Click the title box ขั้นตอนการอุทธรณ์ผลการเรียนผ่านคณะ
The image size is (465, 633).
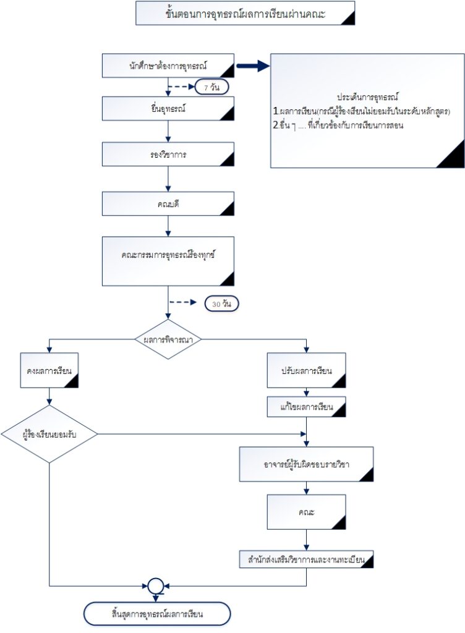point(245,13)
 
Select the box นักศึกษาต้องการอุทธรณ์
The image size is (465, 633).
point(168,65)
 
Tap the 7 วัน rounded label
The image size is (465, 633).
point(211,87)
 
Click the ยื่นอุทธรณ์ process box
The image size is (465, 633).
point(168,109)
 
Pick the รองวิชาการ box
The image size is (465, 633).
point(168,155)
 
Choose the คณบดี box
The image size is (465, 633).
point(168,204)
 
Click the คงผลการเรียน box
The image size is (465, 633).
point(49,372)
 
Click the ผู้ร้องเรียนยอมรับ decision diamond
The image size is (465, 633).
point(49,433)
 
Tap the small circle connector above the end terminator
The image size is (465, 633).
point(156,584)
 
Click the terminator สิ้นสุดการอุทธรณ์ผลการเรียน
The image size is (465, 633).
point(157,614)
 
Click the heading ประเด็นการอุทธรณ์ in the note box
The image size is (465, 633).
point(367,98)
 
